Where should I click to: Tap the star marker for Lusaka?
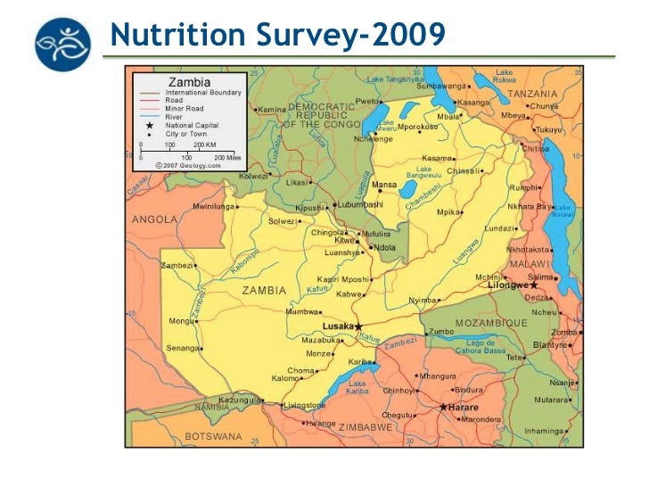pos(358,327)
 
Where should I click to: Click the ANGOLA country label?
pos(154,219)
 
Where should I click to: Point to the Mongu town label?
pos(181,320)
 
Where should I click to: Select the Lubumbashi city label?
pos(359,204)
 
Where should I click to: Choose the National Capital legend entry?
pos(192,126)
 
